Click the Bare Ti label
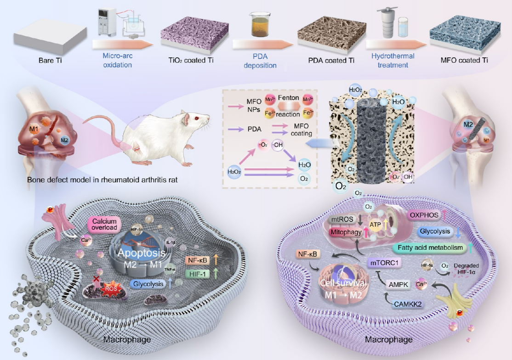tap(51, 60)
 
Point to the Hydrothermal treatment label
tap(393, 60)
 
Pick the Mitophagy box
tap(347, 233)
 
